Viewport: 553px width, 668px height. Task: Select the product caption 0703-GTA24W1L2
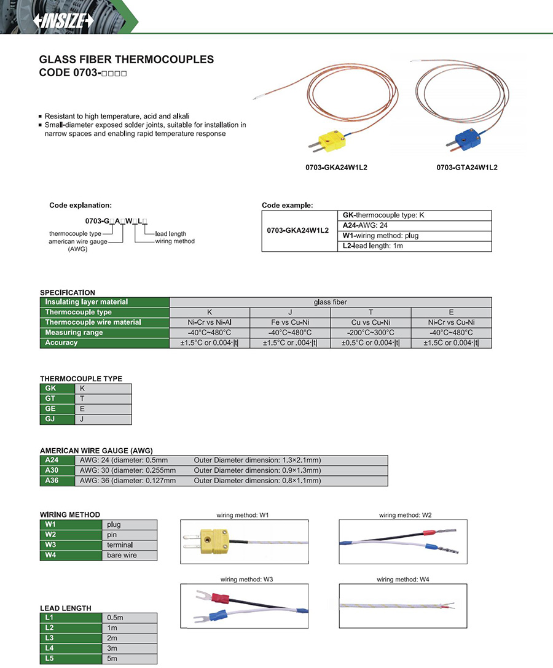pyautogui.click(x=467, y=168)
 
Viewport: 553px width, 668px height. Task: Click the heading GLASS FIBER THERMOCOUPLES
pyautogui.click(x=127, y=60)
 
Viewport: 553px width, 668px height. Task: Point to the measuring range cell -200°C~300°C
pyautogui.click(x=371, y=333)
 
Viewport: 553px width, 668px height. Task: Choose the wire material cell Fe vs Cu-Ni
pyautogui.click(x=290, y=322)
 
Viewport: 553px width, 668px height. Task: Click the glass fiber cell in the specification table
pyautogui.click(x=330, y=302)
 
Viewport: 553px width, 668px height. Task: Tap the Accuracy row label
pyautogui.click(x=61, y=343)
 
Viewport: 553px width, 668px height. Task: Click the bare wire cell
pyautogui.click(x=122, y=555)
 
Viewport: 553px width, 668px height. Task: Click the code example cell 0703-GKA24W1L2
pyautogui.click(x=299, y=231)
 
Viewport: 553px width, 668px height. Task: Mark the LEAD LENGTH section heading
pyautogui.click(x=65, y=608)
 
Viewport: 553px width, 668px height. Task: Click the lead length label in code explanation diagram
pyautogui.click(x=170, y=234)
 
